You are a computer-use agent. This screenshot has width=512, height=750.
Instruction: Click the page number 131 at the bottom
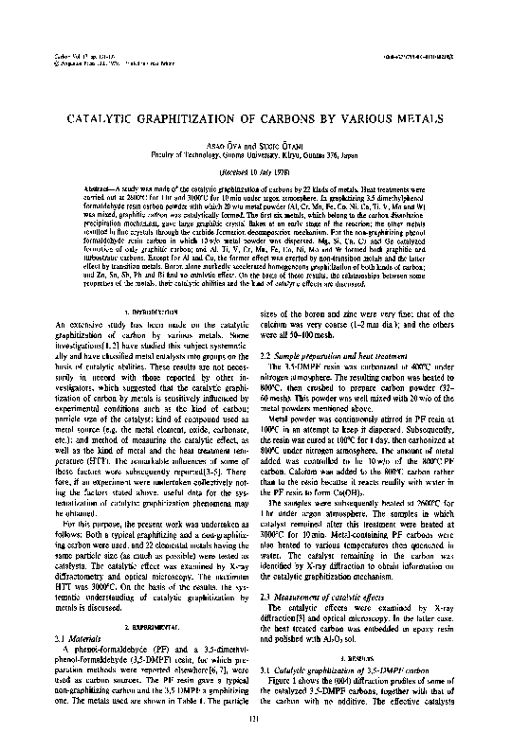click(x=256, y=723)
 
